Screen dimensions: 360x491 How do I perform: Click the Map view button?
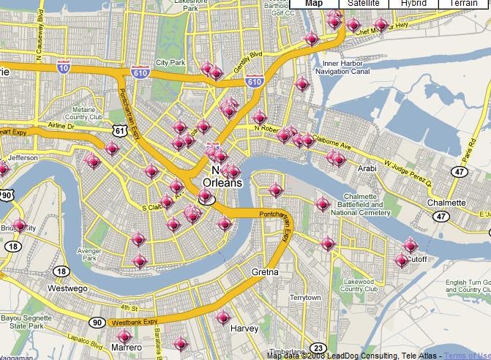[314, 4]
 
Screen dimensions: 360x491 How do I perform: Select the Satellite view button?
[364, 4]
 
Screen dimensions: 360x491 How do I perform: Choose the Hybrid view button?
[413, 4]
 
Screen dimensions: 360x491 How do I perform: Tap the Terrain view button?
[463, 4]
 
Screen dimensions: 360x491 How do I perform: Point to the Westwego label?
[68, 288]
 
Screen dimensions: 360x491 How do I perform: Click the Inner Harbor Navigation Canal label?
[348, 68]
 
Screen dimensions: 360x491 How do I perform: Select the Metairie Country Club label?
[84, 113]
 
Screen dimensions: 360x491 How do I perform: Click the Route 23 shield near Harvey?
[318, 347]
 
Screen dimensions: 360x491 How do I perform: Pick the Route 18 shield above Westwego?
[61, 271]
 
